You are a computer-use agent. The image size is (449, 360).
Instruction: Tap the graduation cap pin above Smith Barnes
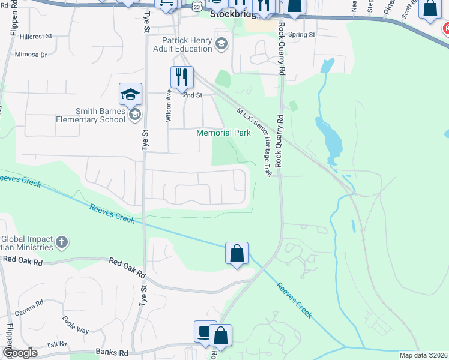point(130,94)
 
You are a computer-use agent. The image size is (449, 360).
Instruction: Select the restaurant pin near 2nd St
point(181,77)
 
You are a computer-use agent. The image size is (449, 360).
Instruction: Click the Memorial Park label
point(224,133)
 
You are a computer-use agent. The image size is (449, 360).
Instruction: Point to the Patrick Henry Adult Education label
point(187,45)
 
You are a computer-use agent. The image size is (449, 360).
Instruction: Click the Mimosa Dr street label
point(32,55)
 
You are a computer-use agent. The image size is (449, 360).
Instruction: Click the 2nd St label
point(193,95)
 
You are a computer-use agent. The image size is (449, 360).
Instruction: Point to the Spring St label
point(301,35)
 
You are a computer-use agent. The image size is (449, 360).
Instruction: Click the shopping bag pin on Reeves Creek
point(237,253)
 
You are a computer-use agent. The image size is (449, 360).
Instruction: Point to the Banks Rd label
point(112,353)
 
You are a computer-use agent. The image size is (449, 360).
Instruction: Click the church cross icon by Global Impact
point(61,242)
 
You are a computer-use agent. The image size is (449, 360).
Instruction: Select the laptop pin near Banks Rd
point(203,332)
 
